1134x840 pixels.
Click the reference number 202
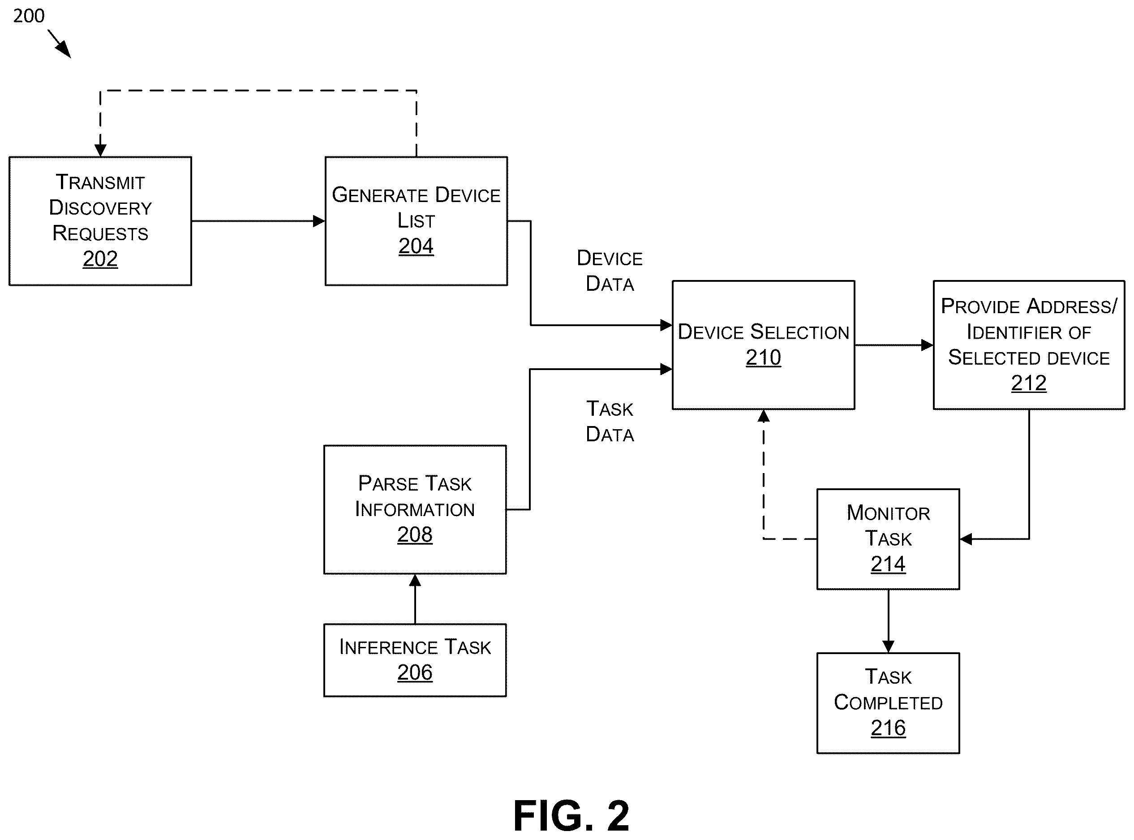(100, 259)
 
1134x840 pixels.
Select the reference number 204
(416, 246)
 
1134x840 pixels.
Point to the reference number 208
(415, 534)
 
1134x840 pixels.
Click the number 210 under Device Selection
(763, 358)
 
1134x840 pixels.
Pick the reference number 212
(1028, 383)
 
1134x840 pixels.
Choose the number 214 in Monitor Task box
(888, 564)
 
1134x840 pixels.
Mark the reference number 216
(888, 728)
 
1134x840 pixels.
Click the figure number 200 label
(29, 16)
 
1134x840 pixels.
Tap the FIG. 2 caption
(571, 816)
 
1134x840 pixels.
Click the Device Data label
(610, 271)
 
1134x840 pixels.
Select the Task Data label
(610, 422)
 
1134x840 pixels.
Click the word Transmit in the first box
(100, 182)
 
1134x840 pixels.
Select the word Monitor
(888, 513)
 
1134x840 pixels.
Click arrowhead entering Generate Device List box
(319, 221)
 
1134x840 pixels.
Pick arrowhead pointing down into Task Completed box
(888, 647)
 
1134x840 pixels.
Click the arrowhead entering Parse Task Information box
(415, 580)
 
